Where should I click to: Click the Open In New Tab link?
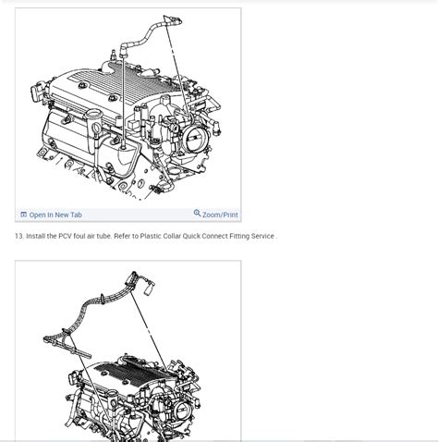pos(55,215)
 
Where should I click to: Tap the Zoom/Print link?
pos(220,215)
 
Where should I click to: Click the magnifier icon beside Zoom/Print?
pos(197,213)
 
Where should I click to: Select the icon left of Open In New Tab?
pos(23,215)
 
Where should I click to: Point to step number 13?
pos(19,236)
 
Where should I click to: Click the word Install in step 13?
pos(35,236)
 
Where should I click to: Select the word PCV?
pos(65,236)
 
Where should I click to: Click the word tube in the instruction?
pos(103,236)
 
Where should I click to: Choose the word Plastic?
pos(151,236)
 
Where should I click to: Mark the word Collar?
pos(172,236)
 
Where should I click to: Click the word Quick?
pos(191,236)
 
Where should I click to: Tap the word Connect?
pos(214,236)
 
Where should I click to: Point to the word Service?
pos(262,236)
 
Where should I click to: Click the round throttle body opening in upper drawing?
pos(196,137)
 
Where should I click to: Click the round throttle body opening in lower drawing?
pos(181,410)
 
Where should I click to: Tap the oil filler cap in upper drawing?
pos(93,114)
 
